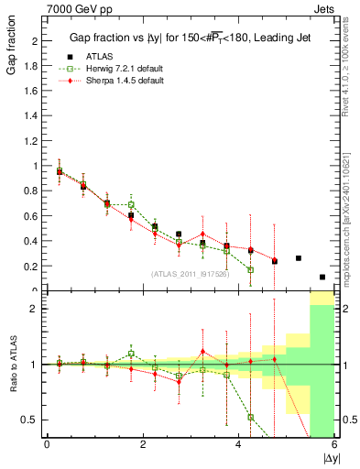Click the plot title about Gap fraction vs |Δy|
coord(188,38)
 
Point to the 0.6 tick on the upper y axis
coord(33,216)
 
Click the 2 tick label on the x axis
coord(143,445)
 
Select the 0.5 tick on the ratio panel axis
coord(31,420)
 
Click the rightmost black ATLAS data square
coord(322,277)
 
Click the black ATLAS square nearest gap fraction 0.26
coord(299,258)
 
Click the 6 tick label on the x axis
coord(335,445)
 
